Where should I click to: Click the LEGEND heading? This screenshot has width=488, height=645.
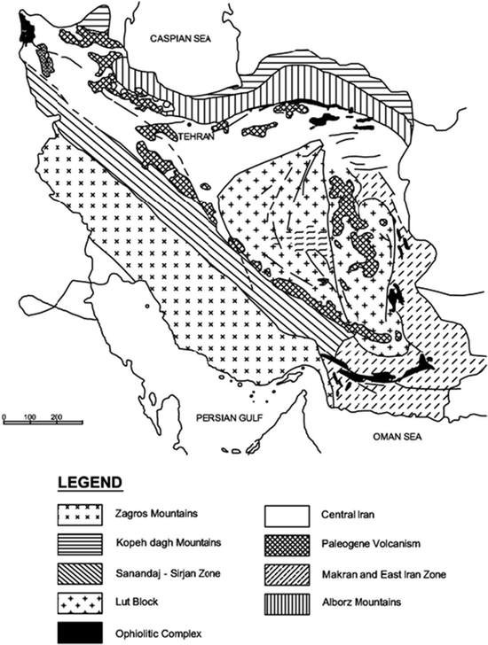(x=90, y=484)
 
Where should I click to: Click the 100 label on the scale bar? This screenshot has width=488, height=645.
(x=29, y=416)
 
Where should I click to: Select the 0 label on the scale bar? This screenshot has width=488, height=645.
(x=4, y=416)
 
